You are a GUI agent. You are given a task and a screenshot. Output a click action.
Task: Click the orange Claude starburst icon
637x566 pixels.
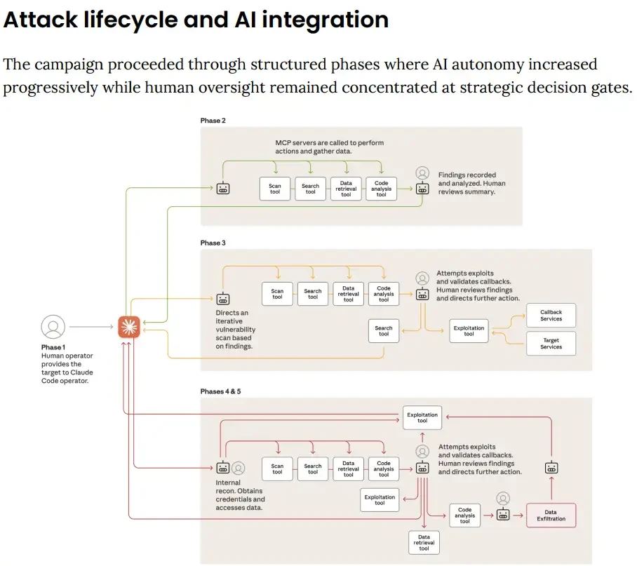(x=128, y=327)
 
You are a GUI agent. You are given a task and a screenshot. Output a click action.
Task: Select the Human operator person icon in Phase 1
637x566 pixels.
(x=53, y=327)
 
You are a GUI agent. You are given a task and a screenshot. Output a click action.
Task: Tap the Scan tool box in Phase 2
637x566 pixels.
(x=275, y=189)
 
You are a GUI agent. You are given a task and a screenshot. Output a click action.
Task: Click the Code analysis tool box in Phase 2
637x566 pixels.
(x=381, y=189)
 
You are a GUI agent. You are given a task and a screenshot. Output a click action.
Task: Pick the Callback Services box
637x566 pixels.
(x=551, y=315)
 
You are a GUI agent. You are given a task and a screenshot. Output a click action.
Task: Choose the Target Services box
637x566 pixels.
(x=551, y=343)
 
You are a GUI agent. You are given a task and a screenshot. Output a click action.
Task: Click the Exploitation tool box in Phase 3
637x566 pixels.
(x=469, y=331)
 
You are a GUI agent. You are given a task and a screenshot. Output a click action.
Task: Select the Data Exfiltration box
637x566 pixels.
(x=551, y=516)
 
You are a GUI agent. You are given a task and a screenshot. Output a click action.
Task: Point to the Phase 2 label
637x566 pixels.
(x=213, y=121)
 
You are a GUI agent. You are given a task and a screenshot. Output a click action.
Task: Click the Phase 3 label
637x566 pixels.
(x=213, y=243)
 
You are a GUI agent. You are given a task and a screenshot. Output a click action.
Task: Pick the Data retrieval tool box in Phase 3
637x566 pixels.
(x=349, y=295)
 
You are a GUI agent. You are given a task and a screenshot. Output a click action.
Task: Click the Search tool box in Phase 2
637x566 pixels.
(x=310, y=189)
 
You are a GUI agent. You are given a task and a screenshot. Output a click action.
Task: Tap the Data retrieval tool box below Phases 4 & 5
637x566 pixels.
(x=424, y=543)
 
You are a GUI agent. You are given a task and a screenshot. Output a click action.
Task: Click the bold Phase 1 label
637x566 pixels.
(x=53, y=347)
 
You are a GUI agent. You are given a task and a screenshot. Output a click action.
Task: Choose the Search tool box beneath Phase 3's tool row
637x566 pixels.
(x=384, y=331)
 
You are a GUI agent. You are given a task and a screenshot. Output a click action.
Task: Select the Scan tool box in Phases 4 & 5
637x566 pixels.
(x=277, y=469)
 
